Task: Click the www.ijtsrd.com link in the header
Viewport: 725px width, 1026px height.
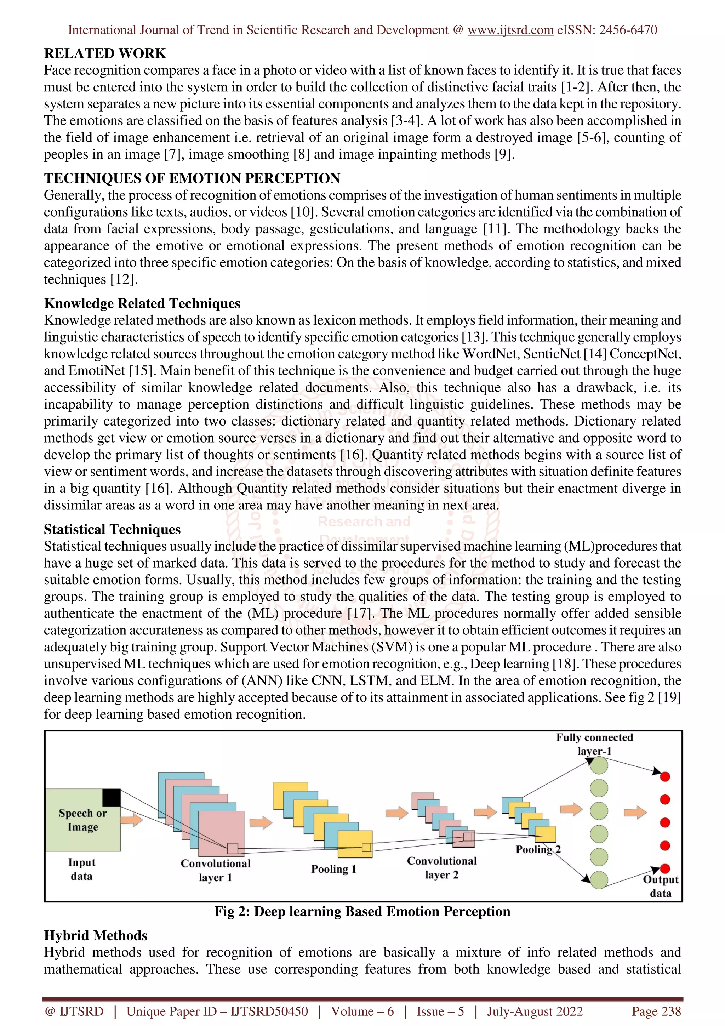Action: coord(510,30)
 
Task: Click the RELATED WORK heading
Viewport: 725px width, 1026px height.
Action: coord(105,53)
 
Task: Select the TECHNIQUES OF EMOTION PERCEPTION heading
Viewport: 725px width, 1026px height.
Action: coord(192,178)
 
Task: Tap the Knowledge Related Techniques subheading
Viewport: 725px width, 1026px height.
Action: coord(142,303)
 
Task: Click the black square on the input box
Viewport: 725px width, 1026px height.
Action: coord(111,798)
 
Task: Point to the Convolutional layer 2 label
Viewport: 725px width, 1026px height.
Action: coord(441,868)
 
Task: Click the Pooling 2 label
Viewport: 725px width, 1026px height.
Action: coord(538,849)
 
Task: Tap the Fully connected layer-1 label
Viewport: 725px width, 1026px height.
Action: coord(594,745)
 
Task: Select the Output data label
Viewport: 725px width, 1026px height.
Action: coord(660,887)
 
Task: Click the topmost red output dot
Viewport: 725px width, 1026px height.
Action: coord(665,777)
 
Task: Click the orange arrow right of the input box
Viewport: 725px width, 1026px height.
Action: coord(131,820)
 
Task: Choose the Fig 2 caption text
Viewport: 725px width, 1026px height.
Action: coord(362,912)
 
